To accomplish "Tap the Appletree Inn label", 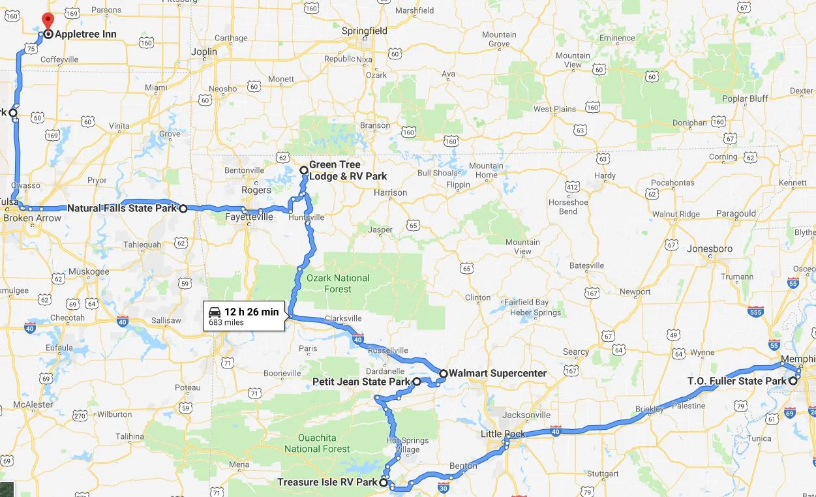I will [x=85, y=34].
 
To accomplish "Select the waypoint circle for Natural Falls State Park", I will [x=183, y=209].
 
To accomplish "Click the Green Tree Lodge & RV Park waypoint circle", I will [x=304, y=170].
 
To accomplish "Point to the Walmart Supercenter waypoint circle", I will [x=444, y=374].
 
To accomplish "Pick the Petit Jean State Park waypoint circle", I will [x=417, y=381].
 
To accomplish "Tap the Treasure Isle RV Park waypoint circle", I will [x=384, y=483].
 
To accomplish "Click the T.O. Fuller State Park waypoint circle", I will [x=793, y=381].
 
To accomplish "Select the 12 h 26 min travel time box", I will [x=245, y=316].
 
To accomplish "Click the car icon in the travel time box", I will [x=215, y=312].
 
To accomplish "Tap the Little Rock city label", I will [x=503, y=434].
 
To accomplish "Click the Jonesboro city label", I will [x=710, y=248].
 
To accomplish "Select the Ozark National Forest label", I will [x=338, y=283].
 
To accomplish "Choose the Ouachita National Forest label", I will [x=318, y=443].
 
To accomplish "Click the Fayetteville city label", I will [x=249, y=217].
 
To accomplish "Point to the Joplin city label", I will [x=204, y=52].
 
